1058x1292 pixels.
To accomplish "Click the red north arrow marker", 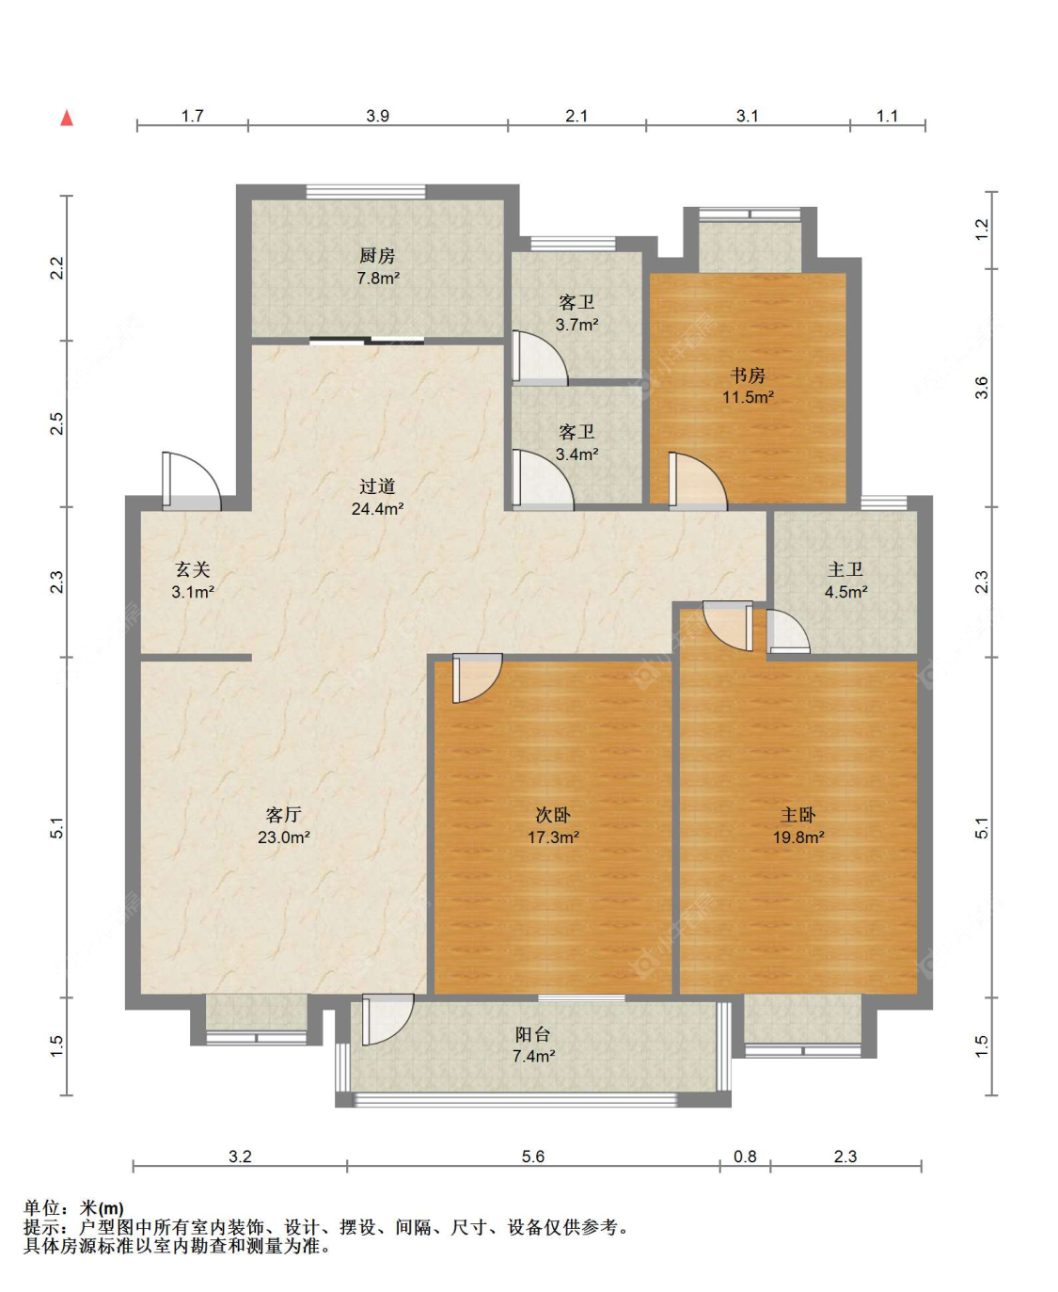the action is click(x=67, y=119).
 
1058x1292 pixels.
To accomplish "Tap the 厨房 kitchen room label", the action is click(x=377, y=255).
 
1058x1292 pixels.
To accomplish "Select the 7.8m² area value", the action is click(x=378, y=279).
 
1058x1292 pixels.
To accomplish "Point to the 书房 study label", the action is click(x=748, y=375).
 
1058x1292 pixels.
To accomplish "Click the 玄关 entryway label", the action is click(x=193, y=569).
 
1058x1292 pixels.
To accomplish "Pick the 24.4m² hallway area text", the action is click(x=378, y=508).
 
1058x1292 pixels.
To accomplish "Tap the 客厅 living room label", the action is click(x=283, y=814).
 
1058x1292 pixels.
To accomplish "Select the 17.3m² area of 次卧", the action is click(x=554, y=837).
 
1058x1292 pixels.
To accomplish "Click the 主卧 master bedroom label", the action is click(x=797, y=814).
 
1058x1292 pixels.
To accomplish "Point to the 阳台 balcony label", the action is click(x=532, y=1035).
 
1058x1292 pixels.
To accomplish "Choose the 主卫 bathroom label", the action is click(x=845, y=569).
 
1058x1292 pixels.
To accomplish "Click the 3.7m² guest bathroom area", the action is click(x=576, y=325).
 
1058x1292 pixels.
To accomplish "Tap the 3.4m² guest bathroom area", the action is click(x=576, y=455).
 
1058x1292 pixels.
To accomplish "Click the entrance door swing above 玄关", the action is click(x=191, y=481).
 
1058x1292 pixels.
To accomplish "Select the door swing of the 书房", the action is click(x=698, y=481).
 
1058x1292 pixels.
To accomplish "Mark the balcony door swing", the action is click(x=388, y=1019).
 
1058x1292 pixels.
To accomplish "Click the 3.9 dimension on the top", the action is click(x=378, y=116).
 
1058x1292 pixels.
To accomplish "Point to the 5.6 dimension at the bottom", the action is click(x=532, y=1156).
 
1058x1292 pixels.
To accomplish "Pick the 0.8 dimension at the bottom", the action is click(x=745, y=1156).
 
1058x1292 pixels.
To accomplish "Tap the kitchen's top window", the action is click(x=366, y=191).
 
